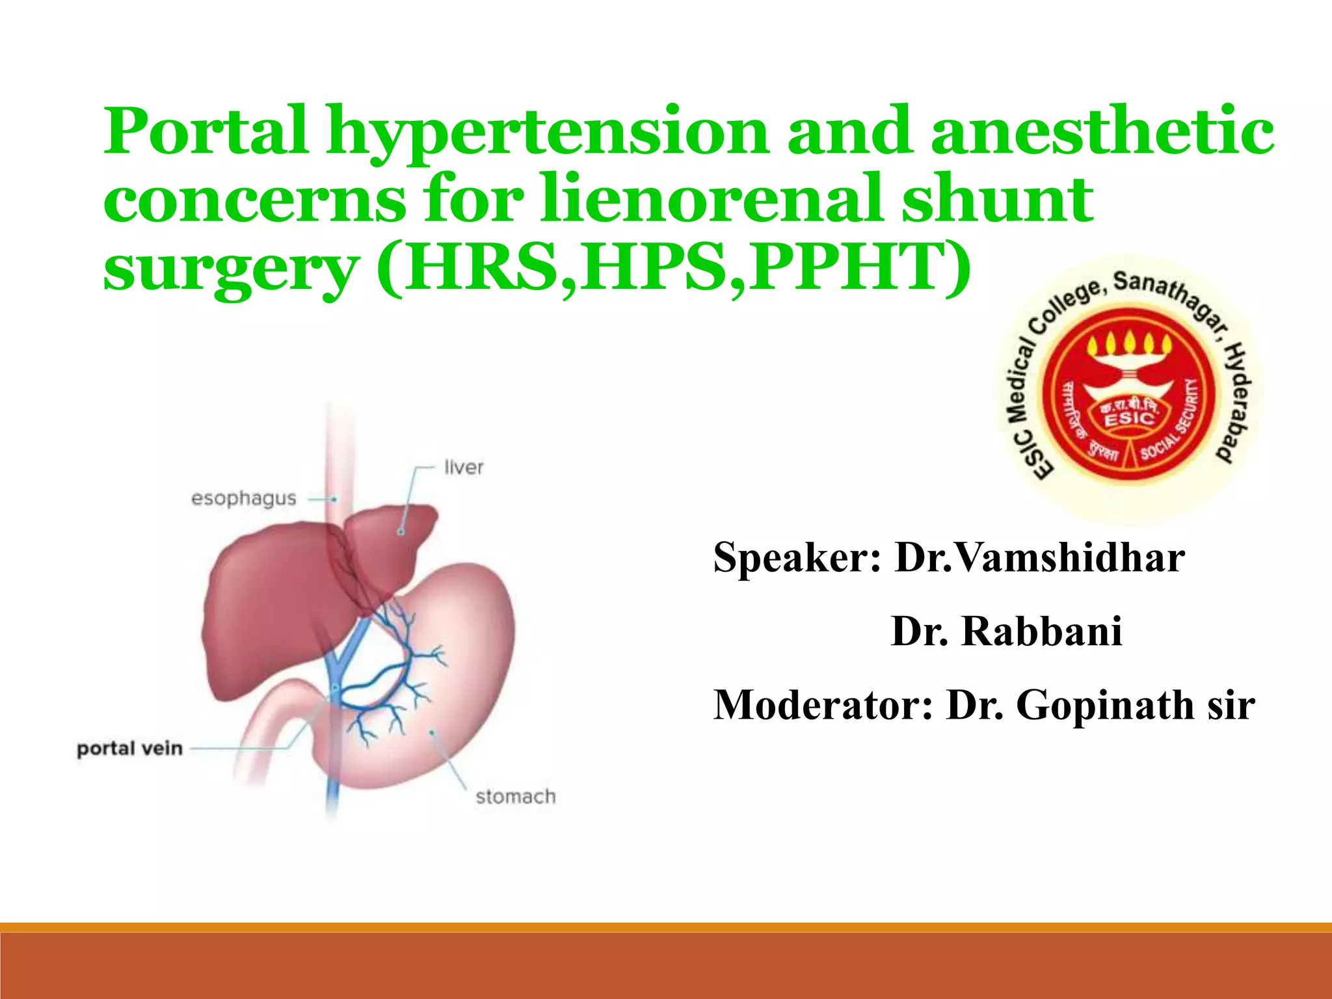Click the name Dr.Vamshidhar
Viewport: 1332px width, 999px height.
click(x=1039, y=558)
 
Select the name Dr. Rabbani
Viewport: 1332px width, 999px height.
click(x=1007, y=631)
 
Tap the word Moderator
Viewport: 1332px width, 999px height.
click(x=823, y=705)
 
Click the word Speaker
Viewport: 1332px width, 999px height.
click(x=797, y=558)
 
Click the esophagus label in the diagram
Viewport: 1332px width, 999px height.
click(x=243, y=499)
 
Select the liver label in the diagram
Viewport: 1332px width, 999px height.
click(x=464, y=467)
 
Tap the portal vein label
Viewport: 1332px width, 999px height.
click(x=129, y=749)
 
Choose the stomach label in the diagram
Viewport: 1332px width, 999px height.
click(x=516, y=797)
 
